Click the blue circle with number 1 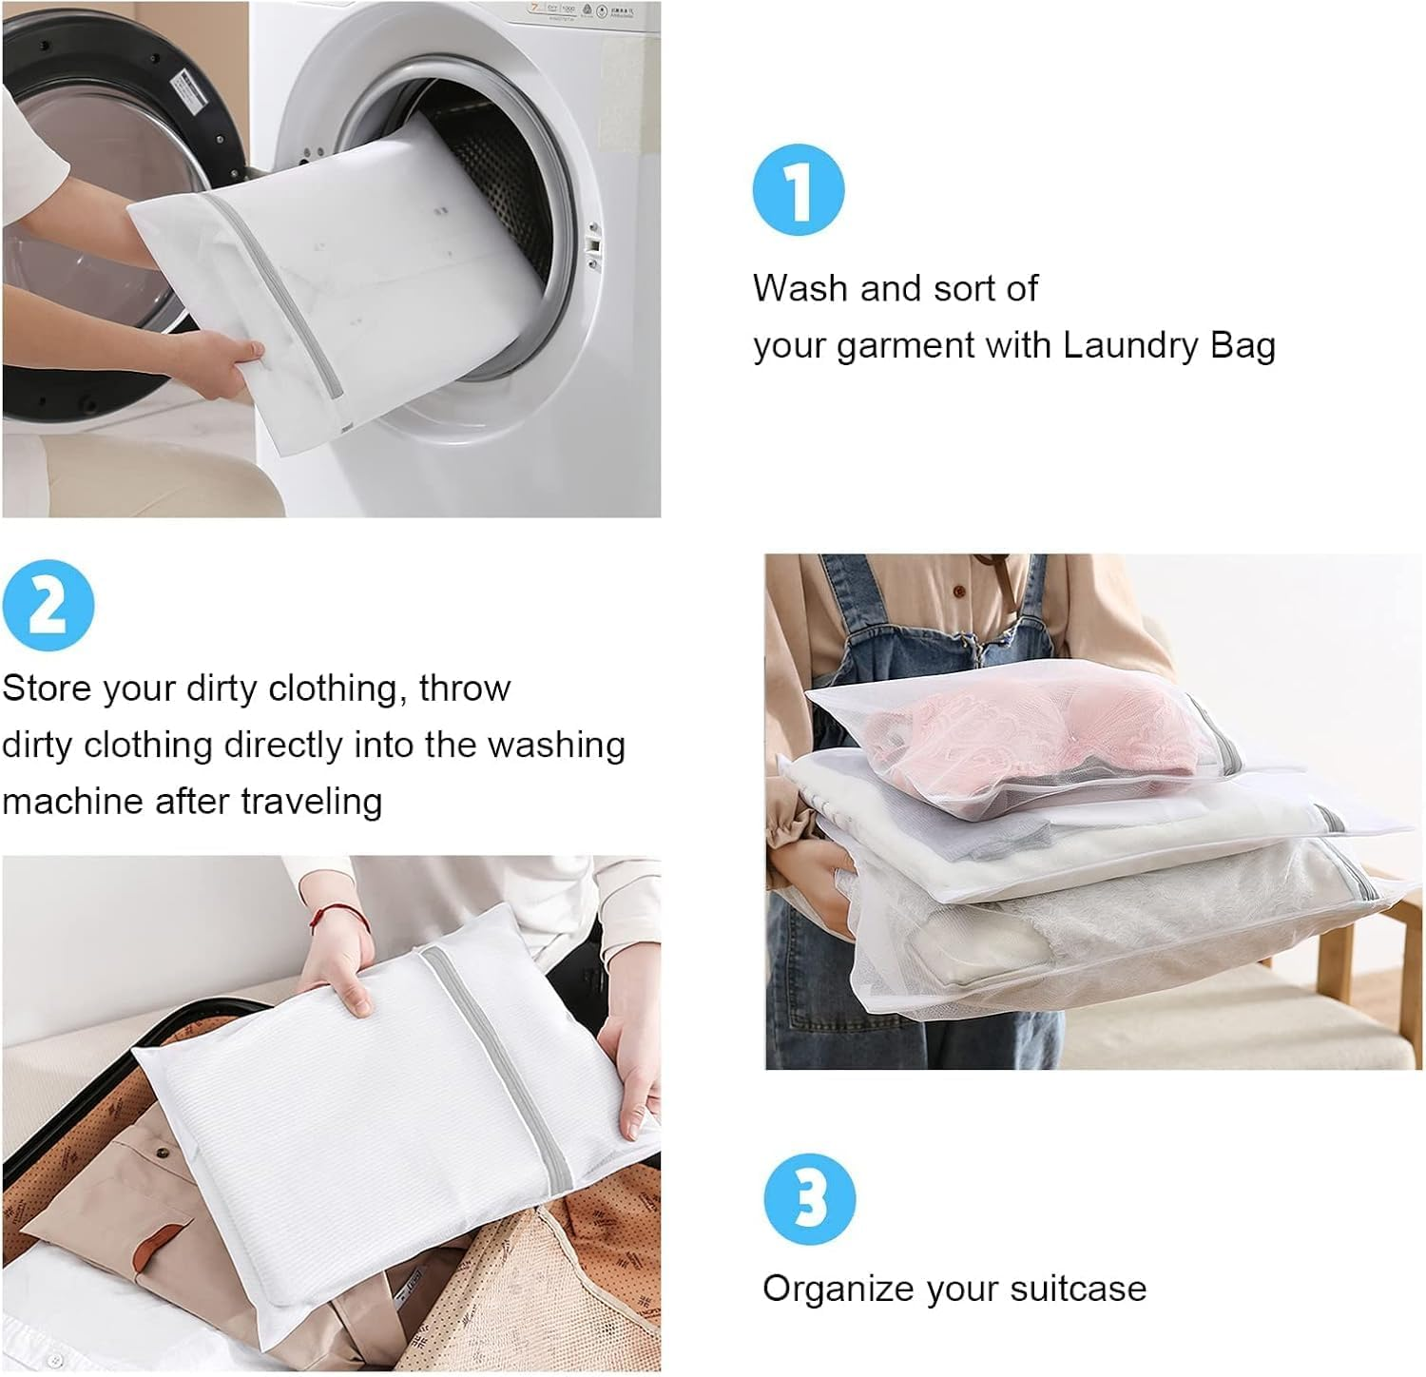coord(799,190)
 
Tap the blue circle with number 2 coord(48,606)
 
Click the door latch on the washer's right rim coord(595,242)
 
